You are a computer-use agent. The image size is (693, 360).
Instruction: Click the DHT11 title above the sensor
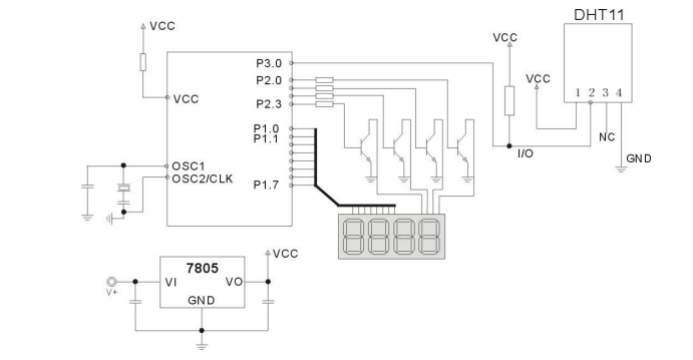point(599,15)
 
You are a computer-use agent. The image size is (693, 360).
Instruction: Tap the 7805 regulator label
point(202,268)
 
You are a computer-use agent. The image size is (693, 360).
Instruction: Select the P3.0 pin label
point(269,63)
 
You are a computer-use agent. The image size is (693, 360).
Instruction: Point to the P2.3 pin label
point(269,104)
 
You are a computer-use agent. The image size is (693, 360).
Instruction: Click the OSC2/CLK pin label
point(202,179)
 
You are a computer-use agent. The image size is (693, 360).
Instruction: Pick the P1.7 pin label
point(266,185)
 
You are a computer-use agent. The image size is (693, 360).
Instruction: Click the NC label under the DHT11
point(607,137)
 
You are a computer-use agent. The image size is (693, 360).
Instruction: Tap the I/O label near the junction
point(525,154)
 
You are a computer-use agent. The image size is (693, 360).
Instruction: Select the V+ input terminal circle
point(111,281)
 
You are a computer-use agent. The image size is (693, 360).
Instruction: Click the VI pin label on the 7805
point(171,282)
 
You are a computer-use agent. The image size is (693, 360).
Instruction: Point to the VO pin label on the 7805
point(234,282)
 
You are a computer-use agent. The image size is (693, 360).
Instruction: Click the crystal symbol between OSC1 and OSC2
point(124,188)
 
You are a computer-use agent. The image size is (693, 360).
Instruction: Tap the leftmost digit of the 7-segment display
point(352,236)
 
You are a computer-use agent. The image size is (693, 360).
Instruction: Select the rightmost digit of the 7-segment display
point(429,236)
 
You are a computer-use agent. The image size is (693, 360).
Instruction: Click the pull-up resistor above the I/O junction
point(510,101)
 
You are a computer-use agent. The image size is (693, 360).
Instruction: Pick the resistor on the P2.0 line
point(324,80)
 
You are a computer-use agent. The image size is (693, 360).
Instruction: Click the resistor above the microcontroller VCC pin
point(143,62)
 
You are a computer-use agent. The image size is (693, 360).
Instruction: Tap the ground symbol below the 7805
point(202,346)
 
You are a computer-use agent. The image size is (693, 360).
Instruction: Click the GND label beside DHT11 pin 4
point(639,159)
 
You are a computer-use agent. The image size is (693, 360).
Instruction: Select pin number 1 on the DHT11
point(577,93)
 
